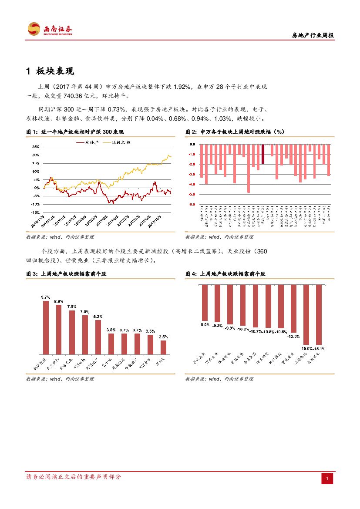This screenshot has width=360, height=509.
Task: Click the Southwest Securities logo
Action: pos(50,29)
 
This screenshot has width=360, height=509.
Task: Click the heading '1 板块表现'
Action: pos(54,71)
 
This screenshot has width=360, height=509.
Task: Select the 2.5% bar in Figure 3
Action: pos(163,347)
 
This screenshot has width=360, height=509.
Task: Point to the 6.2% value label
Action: pos(98,317)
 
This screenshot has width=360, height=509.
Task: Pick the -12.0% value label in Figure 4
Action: pos(293,336)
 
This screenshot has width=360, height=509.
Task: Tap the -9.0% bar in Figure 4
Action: pos(205,303)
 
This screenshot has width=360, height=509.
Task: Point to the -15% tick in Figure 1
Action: pos(35,212)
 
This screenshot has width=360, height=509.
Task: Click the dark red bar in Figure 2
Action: pos(263,154)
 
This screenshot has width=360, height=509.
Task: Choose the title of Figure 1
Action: pos(75,131)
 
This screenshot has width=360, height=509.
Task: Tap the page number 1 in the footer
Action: pos(327,479)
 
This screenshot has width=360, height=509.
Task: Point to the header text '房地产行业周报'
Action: pos(312,36)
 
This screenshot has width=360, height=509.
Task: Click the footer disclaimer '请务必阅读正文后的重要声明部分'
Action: pos(74,477)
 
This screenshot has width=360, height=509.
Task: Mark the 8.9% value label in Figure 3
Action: pos(59,301)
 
